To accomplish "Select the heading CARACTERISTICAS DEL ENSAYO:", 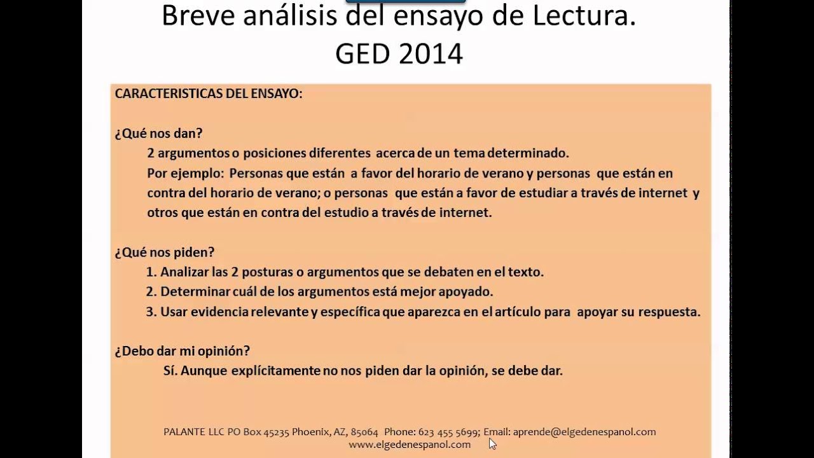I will point(209,94).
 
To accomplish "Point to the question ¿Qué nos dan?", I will point(158,133).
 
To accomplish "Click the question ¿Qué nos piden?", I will point(165,252).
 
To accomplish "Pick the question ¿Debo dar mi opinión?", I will point(182,350).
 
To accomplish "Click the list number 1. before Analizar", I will point(151,272).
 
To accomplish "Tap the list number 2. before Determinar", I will point(151,292).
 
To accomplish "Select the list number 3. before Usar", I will point(151,312).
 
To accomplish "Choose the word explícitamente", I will point(266,370).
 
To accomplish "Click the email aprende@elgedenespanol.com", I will point(584,432).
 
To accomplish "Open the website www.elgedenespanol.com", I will point(410,445).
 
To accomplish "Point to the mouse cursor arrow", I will point(492,443).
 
